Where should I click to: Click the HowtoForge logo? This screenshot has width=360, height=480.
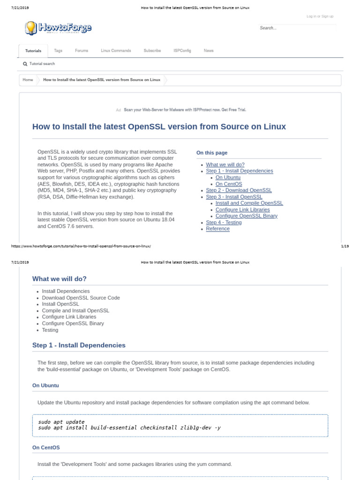58,28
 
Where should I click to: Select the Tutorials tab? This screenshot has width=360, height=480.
33,51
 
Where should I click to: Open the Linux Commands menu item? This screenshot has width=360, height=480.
116,51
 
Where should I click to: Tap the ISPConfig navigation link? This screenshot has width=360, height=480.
182,51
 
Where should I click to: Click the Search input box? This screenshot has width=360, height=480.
297,28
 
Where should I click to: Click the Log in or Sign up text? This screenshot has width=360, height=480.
320,16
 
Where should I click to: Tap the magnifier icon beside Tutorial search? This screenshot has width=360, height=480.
25,64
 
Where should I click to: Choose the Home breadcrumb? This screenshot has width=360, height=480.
28,80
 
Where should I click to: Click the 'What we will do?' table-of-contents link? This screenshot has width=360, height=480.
225,165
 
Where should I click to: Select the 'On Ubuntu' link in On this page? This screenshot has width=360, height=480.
228,178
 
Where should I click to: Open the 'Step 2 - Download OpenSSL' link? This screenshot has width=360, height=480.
239,190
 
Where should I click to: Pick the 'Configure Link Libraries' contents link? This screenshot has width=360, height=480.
242,210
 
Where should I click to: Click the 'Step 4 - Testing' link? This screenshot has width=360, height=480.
224,222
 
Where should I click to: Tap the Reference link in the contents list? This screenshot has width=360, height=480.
217,229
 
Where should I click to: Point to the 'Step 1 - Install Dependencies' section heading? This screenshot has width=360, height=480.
79,345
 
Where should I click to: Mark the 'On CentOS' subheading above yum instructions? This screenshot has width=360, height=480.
46,447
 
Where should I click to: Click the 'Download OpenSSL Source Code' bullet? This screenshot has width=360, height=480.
81,298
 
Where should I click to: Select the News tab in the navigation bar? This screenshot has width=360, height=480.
209,51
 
